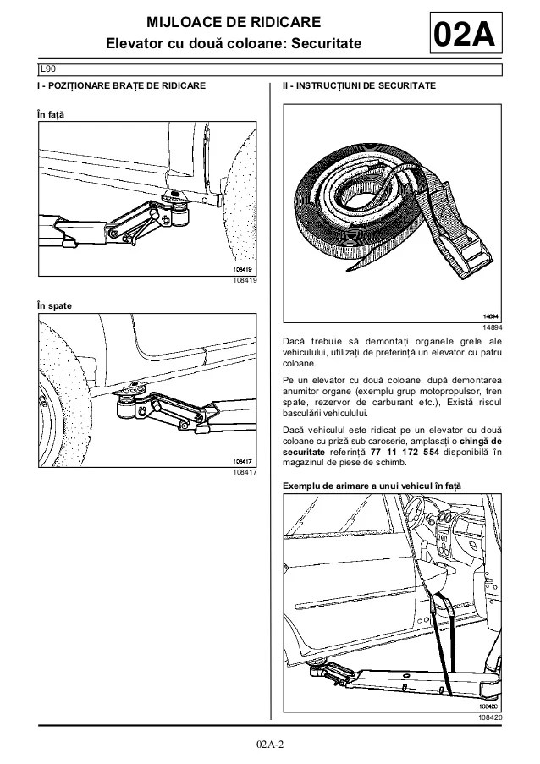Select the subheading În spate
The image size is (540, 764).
[x=54, y=305]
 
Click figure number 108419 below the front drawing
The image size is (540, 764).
[x=245, y=280]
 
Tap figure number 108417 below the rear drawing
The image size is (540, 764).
[x=245, y=472]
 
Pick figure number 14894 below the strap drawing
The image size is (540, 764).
[x=493, y=327]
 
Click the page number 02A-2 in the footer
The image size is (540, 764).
[x=269, y=744]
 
